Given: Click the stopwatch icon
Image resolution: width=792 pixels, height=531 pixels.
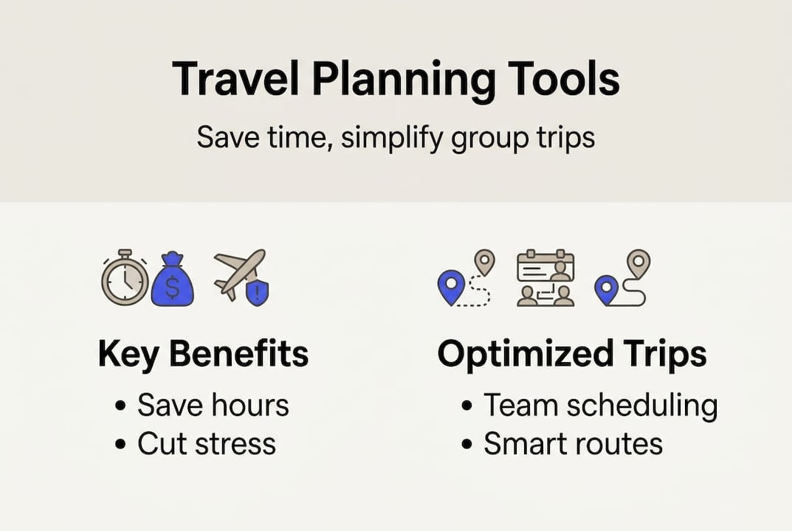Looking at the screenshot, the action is (125, 277).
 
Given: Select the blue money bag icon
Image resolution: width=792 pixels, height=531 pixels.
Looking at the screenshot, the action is (173, 279).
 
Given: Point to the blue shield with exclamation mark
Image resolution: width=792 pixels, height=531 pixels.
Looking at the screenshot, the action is (257, 292).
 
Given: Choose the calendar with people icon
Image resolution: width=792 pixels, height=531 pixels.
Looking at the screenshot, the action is (545, 277).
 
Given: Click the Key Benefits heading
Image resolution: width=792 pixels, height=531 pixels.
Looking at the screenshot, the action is (203, 354).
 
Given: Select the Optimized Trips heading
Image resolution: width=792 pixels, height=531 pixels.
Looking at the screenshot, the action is (572, 355).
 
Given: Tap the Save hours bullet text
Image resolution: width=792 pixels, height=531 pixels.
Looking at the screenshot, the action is (213, 405).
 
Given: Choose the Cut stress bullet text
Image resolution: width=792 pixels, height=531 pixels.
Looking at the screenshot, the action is (207, 444).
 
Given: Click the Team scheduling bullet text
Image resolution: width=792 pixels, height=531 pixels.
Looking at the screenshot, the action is (601, 406).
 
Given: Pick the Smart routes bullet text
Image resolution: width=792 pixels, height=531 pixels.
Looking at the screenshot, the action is (574, 444).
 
